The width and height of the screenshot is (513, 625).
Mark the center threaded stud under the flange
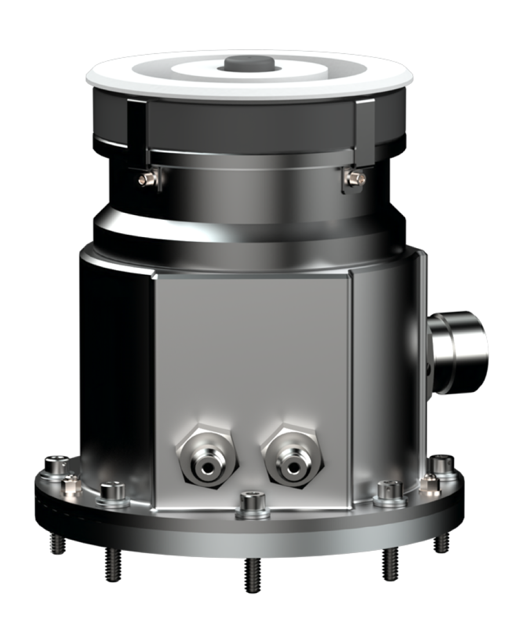click(x=253, y=574)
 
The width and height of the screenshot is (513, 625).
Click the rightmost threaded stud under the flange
click(x=443, y=542)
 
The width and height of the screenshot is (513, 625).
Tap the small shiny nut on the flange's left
click(x=71, y=484)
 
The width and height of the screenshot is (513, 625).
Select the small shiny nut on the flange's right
click(x=429, y=482)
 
